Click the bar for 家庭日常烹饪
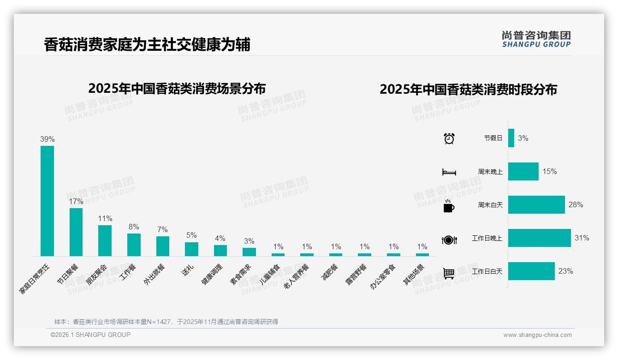(x=47, y=201)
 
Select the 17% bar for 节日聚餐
(x=76, y=232)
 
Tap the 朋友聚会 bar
(x=105, y=240)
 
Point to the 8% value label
(x=134, y=227)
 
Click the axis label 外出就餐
(x=155, y=274)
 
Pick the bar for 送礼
(x=191, y=249)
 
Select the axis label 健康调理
(x=212, y=274)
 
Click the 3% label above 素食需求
(x=249, y=241)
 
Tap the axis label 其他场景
(x=414, y=274)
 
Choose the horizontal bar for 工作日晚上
(x=539, y=238)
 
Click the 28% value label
(x=576, y=204)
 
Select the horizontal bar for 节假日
(x=511, y=138)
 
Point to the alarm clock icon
(x=449, y=138)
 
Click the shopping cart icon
(x=449, y=273)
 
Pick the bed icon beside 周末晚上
(x=449, y=172)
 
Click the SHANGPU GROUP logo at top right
(x=536, y=39)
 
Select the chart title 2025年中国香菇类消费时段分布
(x=468, y=90)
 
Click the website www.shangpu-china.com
(x=537, y=335)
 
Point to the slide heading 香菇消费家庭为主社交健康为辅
(x=147, y=45)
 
